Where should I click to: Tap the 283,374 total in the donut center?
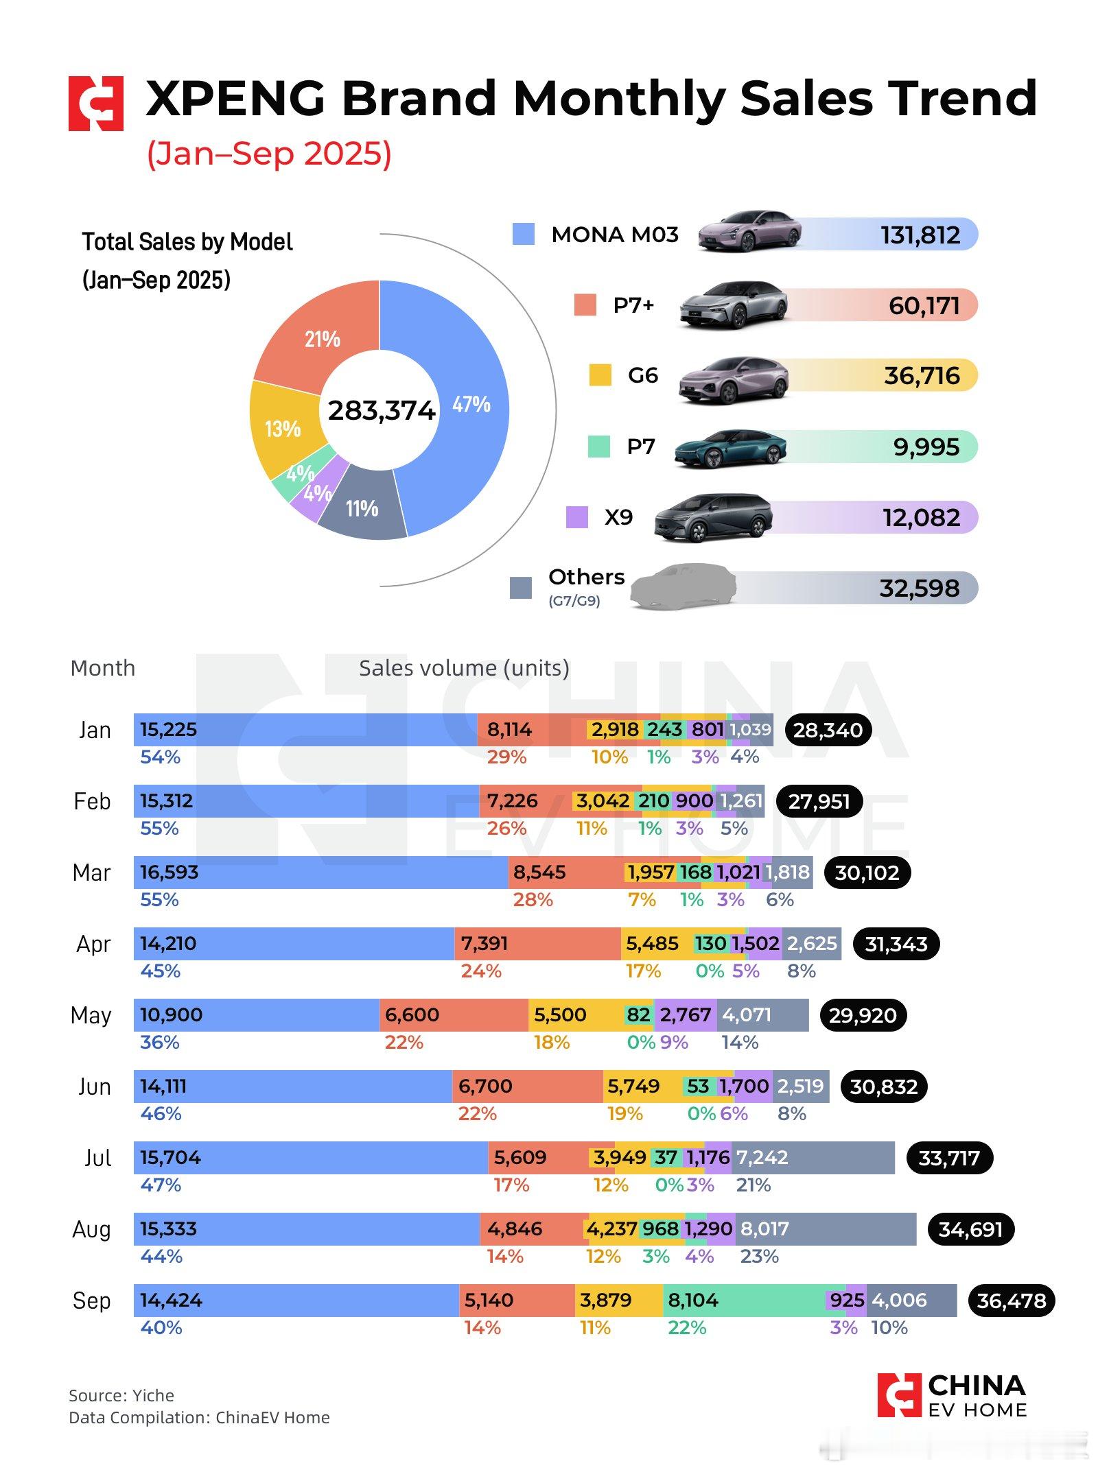(x=381, y=410)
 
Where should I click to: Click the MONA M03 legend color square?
(x=523, y=235)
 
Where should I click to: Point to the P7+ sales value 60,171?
(x=924, y=305)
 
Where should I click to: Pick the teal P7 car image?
(x=730, y=449)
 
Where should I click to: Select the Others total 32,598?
(x=919, y=588)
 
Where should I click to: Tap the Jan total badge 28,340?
(x=828, y=730)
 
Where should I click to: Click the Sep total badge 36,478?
(x=1011, y=1301)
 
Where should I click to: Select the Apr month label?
(x=93, y=944)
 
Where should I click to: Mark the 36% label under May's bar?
(x=160, y=1043)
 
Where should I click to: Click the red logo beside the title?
(x=96, y=104)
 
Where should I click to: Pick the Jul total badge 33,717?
(x=950, y=1158)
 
